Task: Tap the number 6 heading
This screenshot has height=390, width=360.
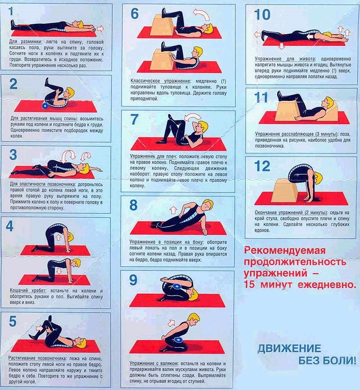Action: coord(135,13)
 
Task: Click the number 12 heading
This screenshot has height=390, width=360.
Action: coord(261,166)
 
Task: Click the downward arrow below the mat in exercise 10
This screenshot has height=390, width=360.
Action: coord(281,46)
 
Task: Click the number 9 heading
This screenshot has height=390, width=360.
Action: coord(133,280)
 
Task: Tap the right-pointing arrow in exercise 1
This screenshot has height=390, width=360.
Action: coord(100,28)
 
